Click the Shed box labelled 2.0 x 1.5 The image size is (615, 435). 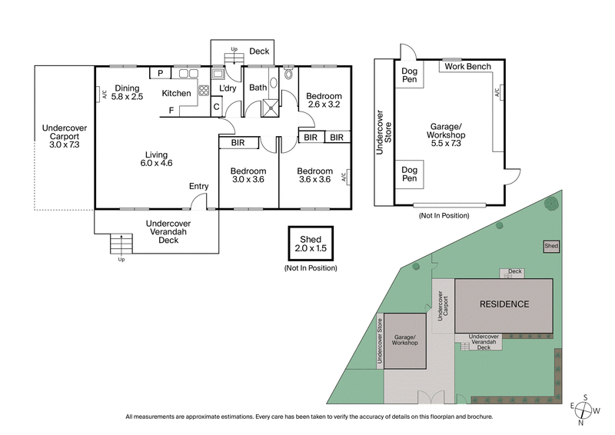pyautogui.click(x=311, y=244)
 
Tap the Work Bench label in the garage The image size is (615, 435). pyautogui.click(x=468, y=67)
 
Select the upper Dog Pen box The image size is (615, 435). pyautogui.click(x=409, y=75)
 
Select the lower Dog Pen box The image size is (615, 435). pyautogui.click(x=409, y=174)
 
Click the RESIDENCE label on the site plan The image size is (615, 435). pyautogui.click(x=504, y=304)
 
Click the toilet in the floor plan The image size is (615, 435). pyautogui.click(x=288, y=75)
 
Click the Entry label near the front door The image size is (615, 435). pyautogui.click(x=198, y=186)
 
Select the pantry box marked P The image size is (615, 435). pyautogui.click(x=161, y=73)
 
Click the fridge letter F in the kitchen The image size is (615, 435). pyautogui.click(x=171, y=110)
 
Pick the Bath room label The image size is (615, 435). pyautogui.click(x=258, y=88)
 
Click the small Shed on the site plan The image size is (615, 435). pyautogui.click(x=551, y=246)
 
